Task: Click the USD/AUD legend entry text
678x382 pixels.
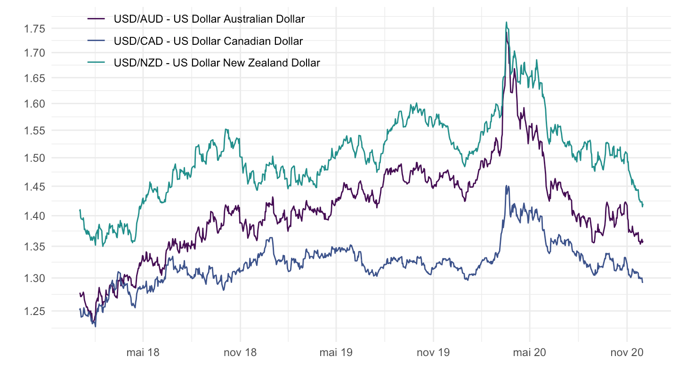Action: click(x=209, y=19)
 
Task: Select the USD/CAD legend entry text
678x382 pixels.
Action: click(x=208, y=41)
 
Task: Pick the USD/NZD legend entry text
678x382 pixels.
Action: click(x=217, y=63)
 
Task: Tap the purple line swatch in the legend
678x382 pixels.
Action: click(x=97, y=19)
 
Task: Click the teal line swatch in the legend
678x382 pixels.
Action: click(x=97, y=63)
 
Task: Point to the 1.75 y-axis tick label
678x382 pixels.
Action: click(x=34, y=29)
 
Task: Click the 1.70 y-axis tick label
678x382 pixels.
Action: click(x=34, y=53)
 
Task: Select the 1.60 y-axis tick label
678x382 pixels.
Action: click(x=34, y=104)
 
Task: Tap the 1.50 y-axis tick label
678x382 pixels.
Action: click(x=34, y=158)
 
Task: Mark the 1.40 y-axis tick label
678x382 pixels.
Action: click(x=34, y=216)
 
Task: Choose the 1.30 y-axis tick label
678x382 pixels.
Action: click(x=34, y=278)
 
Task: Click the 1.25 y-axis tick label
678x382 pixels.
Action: click(x=34, y=311)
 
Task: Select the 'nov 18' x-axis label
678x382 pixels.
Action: click(x=240, y=353)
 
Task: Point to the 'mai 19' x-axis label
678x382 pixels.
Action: click(x=336, y=353)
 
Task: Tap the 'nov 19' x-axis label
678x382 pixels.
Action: click(x=433, y=353)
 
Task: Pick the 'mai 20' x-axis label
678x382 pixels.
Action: click(x=529, y=353)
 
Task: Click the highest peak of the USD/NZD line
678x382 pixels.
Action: click(x=506, y=22)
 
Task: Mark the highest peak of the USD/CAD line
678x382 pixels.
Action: click(x=506, y=186)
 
